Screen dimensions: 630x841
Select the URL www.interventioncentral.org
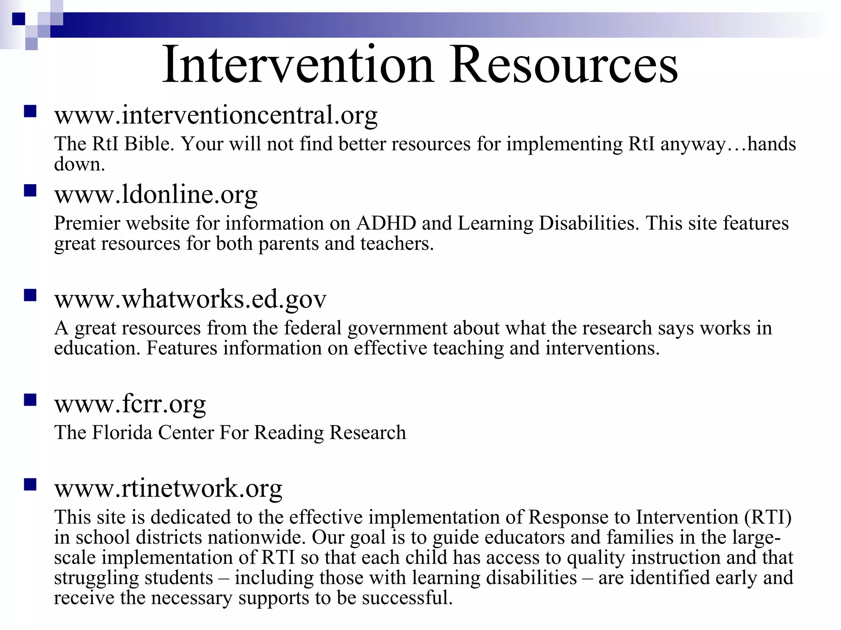(216, 115)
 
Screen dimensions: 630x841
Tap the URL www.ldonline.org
(156, 194)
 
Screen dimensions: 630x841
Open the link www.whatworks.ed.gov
(190, 299)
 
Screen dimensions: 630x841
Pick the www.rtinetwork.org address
(168, 488)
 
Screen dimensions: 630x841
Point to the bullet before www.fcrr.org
(30, 400)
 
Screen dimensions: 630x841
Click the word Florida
(122, 433)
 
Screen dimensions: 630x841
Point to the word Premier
(87, 224)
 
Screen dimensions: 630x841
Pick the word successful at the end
(407, 598)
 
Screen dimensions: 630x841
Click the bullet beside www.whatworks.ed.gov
(30, 295)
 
